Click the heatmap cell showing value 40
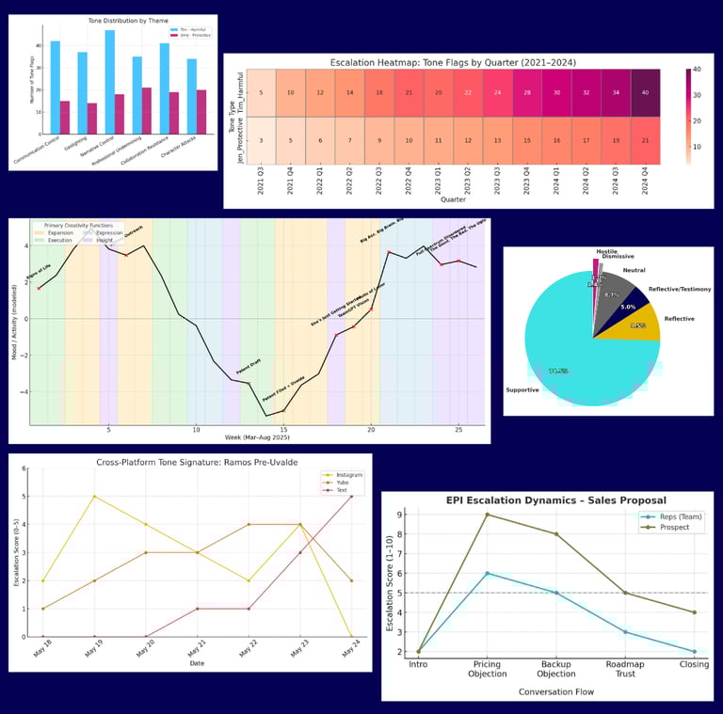click(645, 91)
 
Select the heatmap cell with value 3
click(262, 140)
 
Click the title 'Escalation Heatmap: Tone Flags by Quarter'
click(453, 62)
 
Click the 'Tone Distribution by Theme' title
click(113, 21)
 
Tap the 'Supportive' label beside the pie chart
click(522, 389)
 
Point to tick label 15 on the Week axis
click(283, 430)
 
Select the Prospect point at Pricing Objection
click(486, 515)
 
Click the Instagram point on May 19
click(94, 496)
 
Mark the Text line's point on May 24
click(351, 496)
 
